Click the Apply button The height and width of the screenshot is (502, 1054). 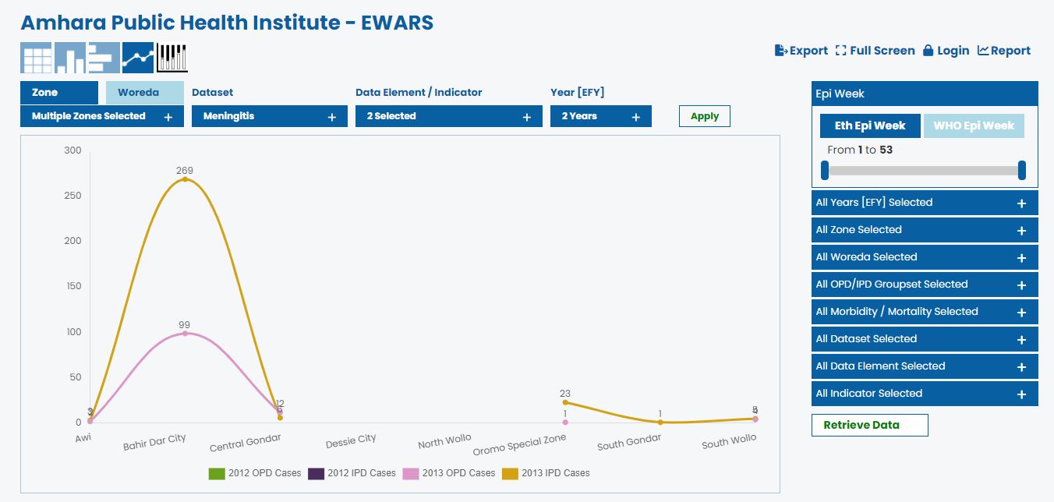704,116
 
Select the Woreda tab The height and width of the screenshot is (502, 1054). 145,93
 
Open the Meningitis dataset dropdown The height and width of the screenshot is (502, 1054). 269,116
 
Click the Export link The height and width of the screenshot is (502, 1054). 801,51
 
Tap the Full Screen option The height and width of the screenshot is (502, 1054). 875,51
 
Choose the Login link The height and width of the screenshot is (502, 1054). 946,51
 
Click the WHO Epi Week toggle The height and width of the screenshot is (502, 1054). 973,125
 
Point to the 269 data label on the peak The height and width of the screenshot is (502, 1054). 185,170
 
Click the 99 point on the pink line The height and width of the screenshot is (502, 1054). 185,334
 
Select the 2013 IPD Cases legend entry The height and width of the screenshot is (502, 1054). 546,473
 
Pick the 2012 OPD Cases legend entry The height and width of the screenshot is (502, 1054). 254,473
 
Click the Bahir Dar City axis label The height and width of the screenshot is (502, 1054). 154,442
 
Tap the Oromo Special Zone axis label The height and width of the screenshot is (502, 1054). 519,444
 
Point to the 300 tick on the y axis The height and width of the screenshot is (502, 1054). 73,150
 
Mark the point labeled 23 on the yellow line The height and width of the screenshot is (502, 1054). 565,402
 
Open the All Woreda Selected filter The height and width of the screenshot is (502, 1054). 925,257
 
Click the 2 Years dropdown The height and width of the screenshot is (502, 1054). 600,116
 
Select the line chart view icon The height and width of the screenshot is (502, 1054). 138,58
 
